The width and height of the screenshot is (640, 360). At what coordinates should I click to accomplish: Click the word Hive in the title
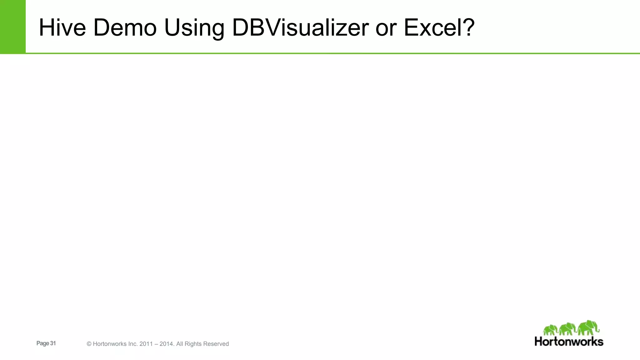tap(62, 27)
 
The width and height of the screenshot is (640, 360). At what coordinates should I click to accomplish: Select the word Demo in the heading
tap(125, 27)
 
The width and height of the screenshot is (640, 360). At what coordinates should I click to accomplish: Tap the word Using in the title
tap(194, 28)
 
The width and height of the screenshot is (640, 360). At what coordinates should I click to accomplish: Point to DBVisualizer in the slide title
tap(300, 27)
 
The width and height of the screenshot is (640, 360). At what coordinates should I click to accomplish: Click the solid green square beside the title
tap(12, 27)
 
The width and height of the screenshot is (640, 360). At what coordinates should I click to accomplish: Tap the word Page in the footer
tap(42, 343)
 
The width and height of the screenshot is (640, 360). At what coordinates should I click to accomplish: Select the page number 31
tap(53, 343)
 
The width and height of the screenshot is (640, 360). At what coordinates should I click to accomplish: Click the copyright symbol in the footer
tap(89, 344)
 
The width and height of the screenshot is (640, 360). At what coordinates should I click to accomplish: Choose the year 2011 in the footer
tap(146, 344)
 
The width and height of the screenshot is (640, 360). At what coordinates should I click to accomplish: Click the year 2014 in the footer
tap(166, 344)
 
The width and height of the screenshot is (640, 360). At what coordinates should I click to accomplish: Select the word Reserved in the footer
tap(216, 344)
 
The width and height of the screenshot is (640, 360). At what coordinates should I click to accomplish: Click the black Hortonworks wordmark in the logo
tap(569, 341)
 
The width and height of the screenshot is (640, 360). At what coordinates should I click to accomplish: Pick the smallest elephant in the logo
tap(550, 330)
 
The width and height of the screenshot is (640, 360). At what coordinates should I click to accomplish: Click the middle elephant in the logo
tap(567, 329)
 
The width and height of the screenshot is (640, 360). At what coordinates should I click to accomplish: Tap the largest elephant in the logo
tap(588, 327)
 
